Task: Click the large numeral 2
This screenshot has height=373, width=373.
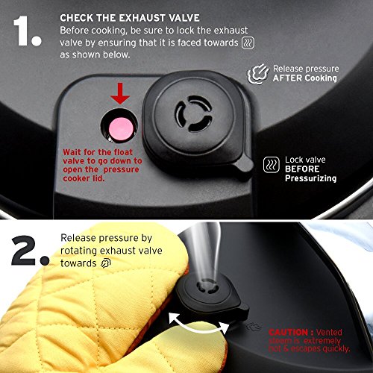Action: [23, 250]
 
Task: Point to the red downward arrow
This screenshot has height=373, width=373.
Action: [120, 93]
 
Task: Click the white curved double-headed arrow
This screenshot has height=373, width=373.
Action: [199, 325]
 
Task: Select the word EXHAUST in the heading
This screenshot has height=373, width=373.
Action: [142, 18]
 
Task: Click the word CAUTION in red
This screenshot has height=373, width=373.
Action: [288, 332]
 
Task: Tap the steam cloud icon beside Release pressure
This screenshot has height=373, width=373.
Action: [258, 74]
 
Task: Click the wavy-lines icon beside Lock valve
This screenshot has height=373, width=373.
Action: [272, 165]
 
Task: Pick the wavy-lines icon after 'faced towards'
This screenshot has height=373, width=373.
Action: [248, 43]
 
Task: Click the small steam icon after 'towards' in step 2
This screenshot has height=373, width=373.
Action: [106, 263]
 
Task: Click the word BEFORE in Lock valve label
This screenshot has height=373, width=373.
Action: [302, 169]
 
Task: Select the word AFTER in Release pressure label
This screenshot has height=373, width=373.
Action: [287, 78]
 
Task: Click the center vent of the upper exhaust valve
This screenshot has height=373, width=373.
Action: [194, 113]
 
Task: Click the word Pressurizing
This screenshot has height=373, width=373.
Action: [310, 178]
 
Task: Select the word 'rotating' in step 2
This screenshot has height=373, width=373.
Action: [78, 251]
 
